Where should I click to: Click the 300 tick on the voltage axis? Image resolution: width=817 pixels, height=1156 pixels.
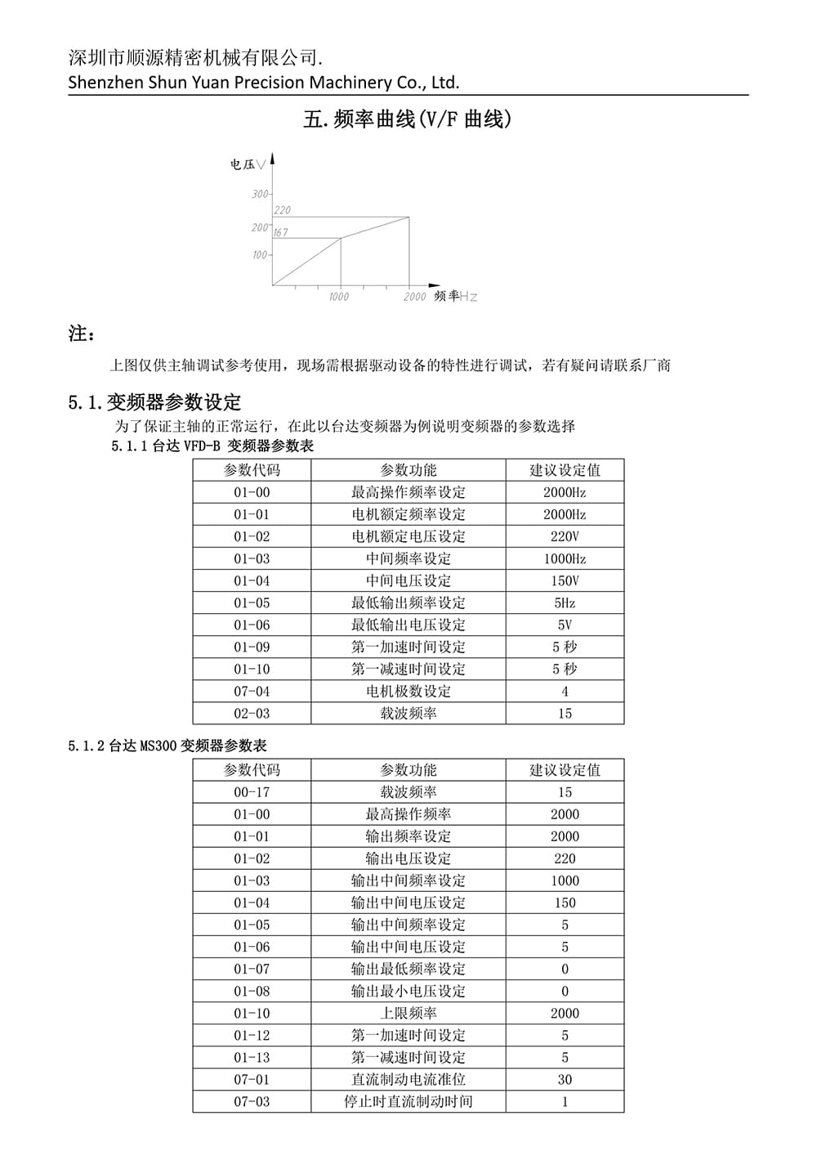(x=260, y=195)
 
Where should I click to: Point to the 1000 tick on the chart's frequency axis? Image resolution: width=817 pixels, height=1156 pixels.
(x=338, y=297)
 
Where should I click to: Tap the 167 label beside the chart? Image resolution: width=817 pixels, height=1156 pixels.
(x=280, y=232)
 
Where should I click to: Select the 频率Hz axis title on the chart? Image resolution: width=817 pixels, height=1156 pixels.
(x=455, y=296)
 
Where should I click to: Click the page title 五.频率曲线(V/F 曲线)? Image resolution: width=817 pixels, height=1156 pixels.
(x=407, y=119)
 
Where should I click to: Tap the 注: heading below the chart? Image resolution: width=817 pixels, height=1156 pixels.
(x=81, y=334)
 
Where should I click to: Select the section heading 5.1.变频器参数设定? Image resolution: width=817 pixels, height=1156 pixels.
(x=154, y=402)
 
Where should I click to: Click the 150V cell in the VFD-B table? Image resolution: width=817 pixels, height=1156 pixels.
(x=565, y=581)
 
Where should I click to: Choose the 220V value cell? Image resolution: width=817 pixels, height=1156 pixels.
(x=565, y=537)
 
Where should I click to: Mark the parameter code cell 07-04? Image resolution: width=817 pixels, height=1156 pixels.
(x=252, y=692)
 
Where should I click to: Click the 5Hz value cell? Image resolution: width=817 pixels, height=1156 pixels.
(x=565, y=603)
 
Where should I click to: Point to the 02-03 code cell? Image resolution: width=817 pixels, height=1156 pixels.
(x=252, y=714)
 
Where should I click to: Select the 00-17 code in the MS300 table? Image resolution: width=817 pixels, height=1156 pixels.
(x=252, y=792)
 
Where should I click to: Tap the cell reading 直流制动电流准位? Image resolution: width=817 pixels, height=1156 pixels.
(x=408, y=1079)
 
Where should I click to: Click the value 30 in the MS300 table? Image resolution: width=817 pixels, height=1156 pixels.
(x=565, y=1079)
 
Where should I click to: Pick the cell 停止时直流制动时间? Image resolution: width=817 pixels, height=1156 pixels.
(x=408, y=1101)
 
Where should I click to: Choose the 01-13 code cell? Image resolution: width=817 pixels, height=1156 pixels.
(x=252, y=1057)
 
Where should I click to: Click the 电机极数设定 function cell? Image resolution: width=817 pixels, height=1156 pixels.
(x=408, y=692)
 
